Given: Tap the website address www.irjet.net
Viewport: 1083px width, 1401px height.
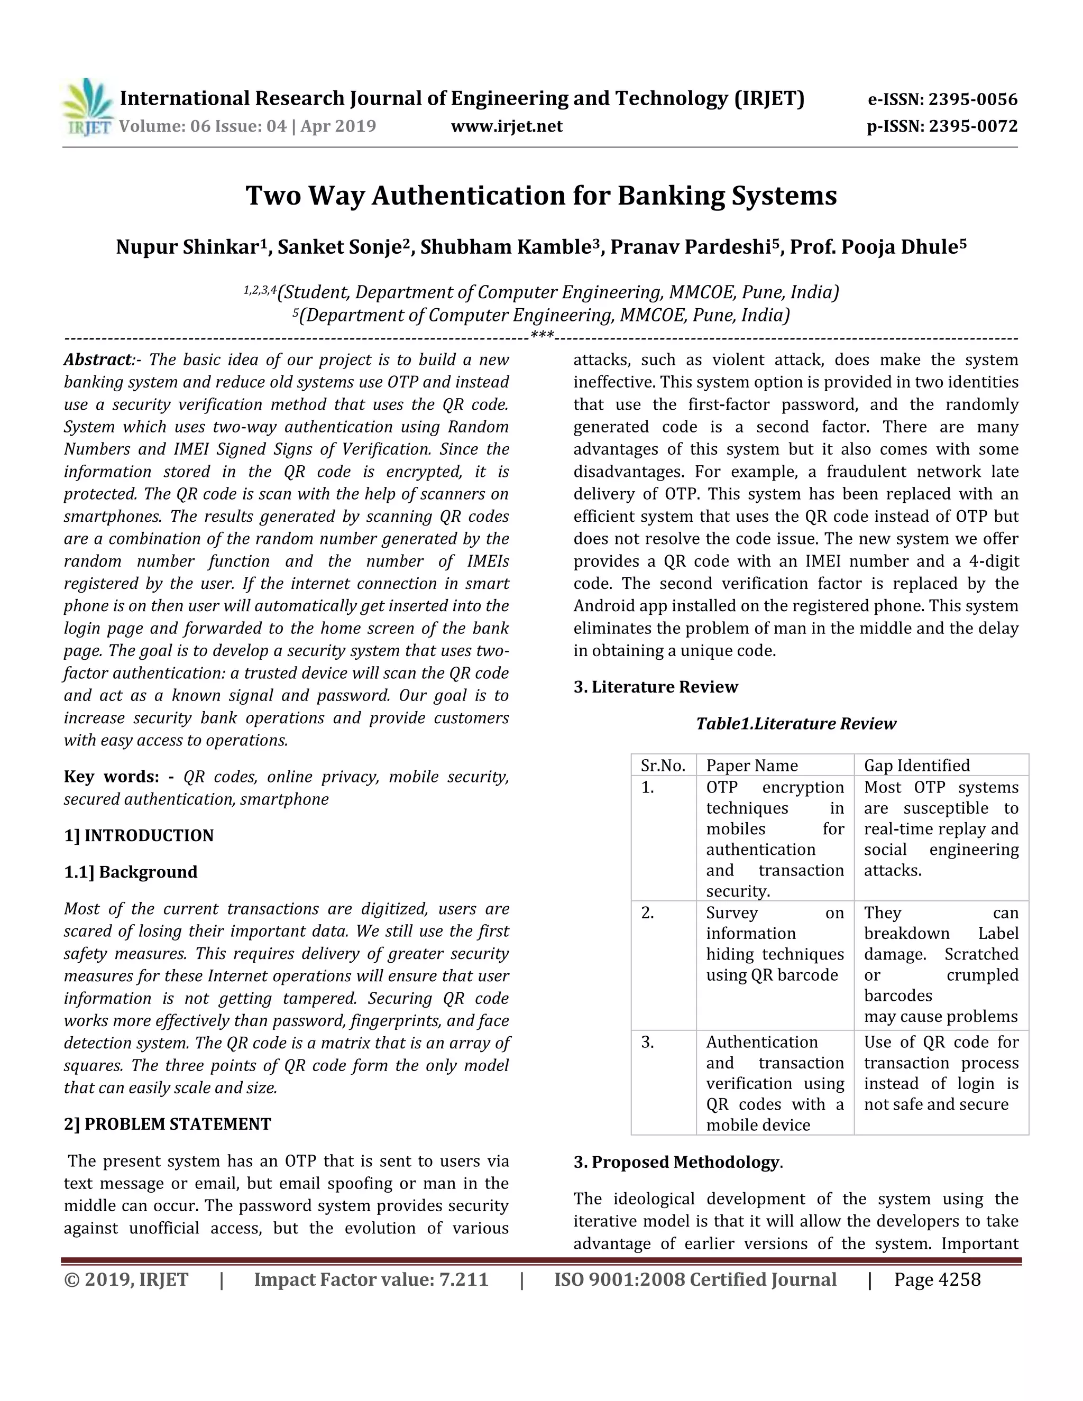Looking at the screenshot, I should click(506, 126).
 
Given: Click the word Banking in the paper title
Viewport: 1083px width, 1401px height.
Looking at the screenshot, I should click(670, 196).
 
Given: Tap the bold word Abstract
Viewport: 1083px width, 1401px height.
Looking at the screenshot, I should click(97, 360).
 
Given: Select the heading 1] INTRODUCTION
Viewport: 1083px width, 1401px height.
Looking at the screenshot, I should click(139, 835).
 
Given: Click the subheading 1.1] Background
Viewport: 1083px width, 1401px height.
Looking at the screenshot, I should click(131, 872).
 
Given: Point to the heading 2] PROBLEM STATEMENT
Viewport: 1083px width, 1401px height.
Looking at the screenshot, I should click(168, 1124).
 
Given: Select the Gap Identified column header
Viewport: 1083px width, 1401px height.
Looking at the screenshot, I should click(916, 766).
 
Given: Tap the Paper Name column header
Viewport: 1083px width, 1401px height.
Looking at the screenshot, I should click(752, 766).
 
